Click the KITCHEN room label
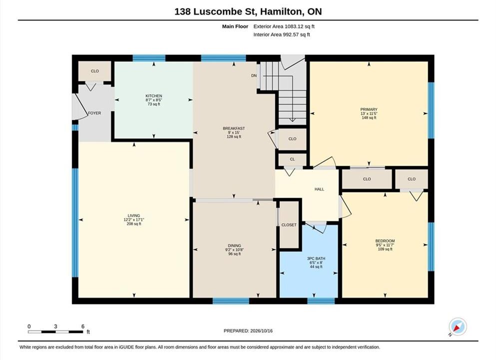154,96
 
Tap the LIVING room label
134,215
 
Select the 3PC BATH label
316,258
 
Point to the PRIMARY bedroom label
369,109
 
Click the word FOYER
94,113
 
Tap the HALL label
319,189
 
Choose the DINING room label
234,245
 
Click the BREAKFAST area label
234,128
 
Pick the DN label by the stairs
254,75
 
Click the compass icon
458,327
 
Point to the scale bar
55,332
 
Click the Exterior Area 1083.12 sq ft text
284,26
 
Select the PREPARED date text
248,331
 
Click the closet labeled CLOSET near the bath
289,225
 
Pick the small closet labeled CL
292,159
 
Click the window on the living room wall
75,222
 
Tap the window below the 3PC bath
321,301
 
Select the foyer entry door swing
80,106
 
